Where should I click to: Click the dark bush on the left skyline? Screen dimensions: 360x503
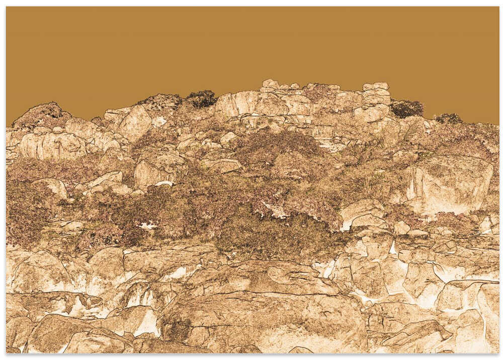point(202,99)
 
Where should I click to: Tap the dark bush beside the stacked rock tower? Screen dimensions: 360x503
point(406,108)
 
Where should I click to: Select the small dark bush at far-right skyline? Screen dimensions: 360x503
point(448,118)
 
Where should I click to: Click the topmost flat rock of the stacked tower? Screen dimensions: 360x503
point(376,86)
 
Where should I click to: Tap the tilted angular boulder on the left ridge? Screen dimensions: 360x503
point(134,122)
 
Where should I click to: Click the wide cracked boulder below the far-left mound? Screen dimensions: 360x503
point(50,146)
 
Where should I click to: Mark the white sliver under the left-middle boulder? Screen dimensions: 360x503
point(164,184)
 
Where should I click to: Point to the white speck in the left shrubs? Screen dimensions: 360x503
point(148,226)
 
